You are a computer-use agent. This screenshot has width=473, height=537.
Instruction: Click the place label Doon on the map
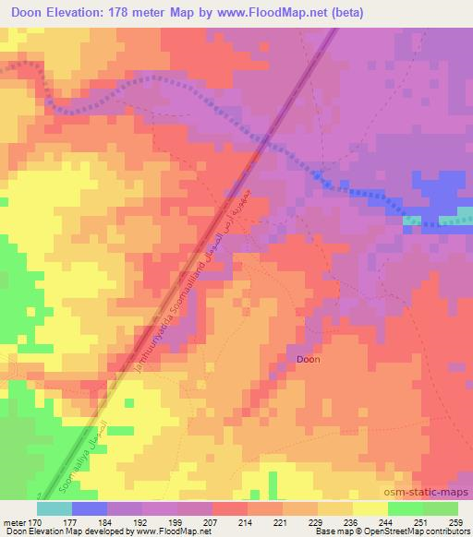[308, 359]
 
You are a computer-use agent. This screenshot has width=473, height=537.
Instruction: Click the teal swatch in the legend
[55, 508]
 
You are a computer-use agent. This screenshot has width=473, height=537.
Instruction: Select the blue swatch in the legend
[90, 508]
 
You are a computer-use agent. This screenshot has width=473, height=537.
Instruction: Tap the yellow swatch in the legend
[370, 508]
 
